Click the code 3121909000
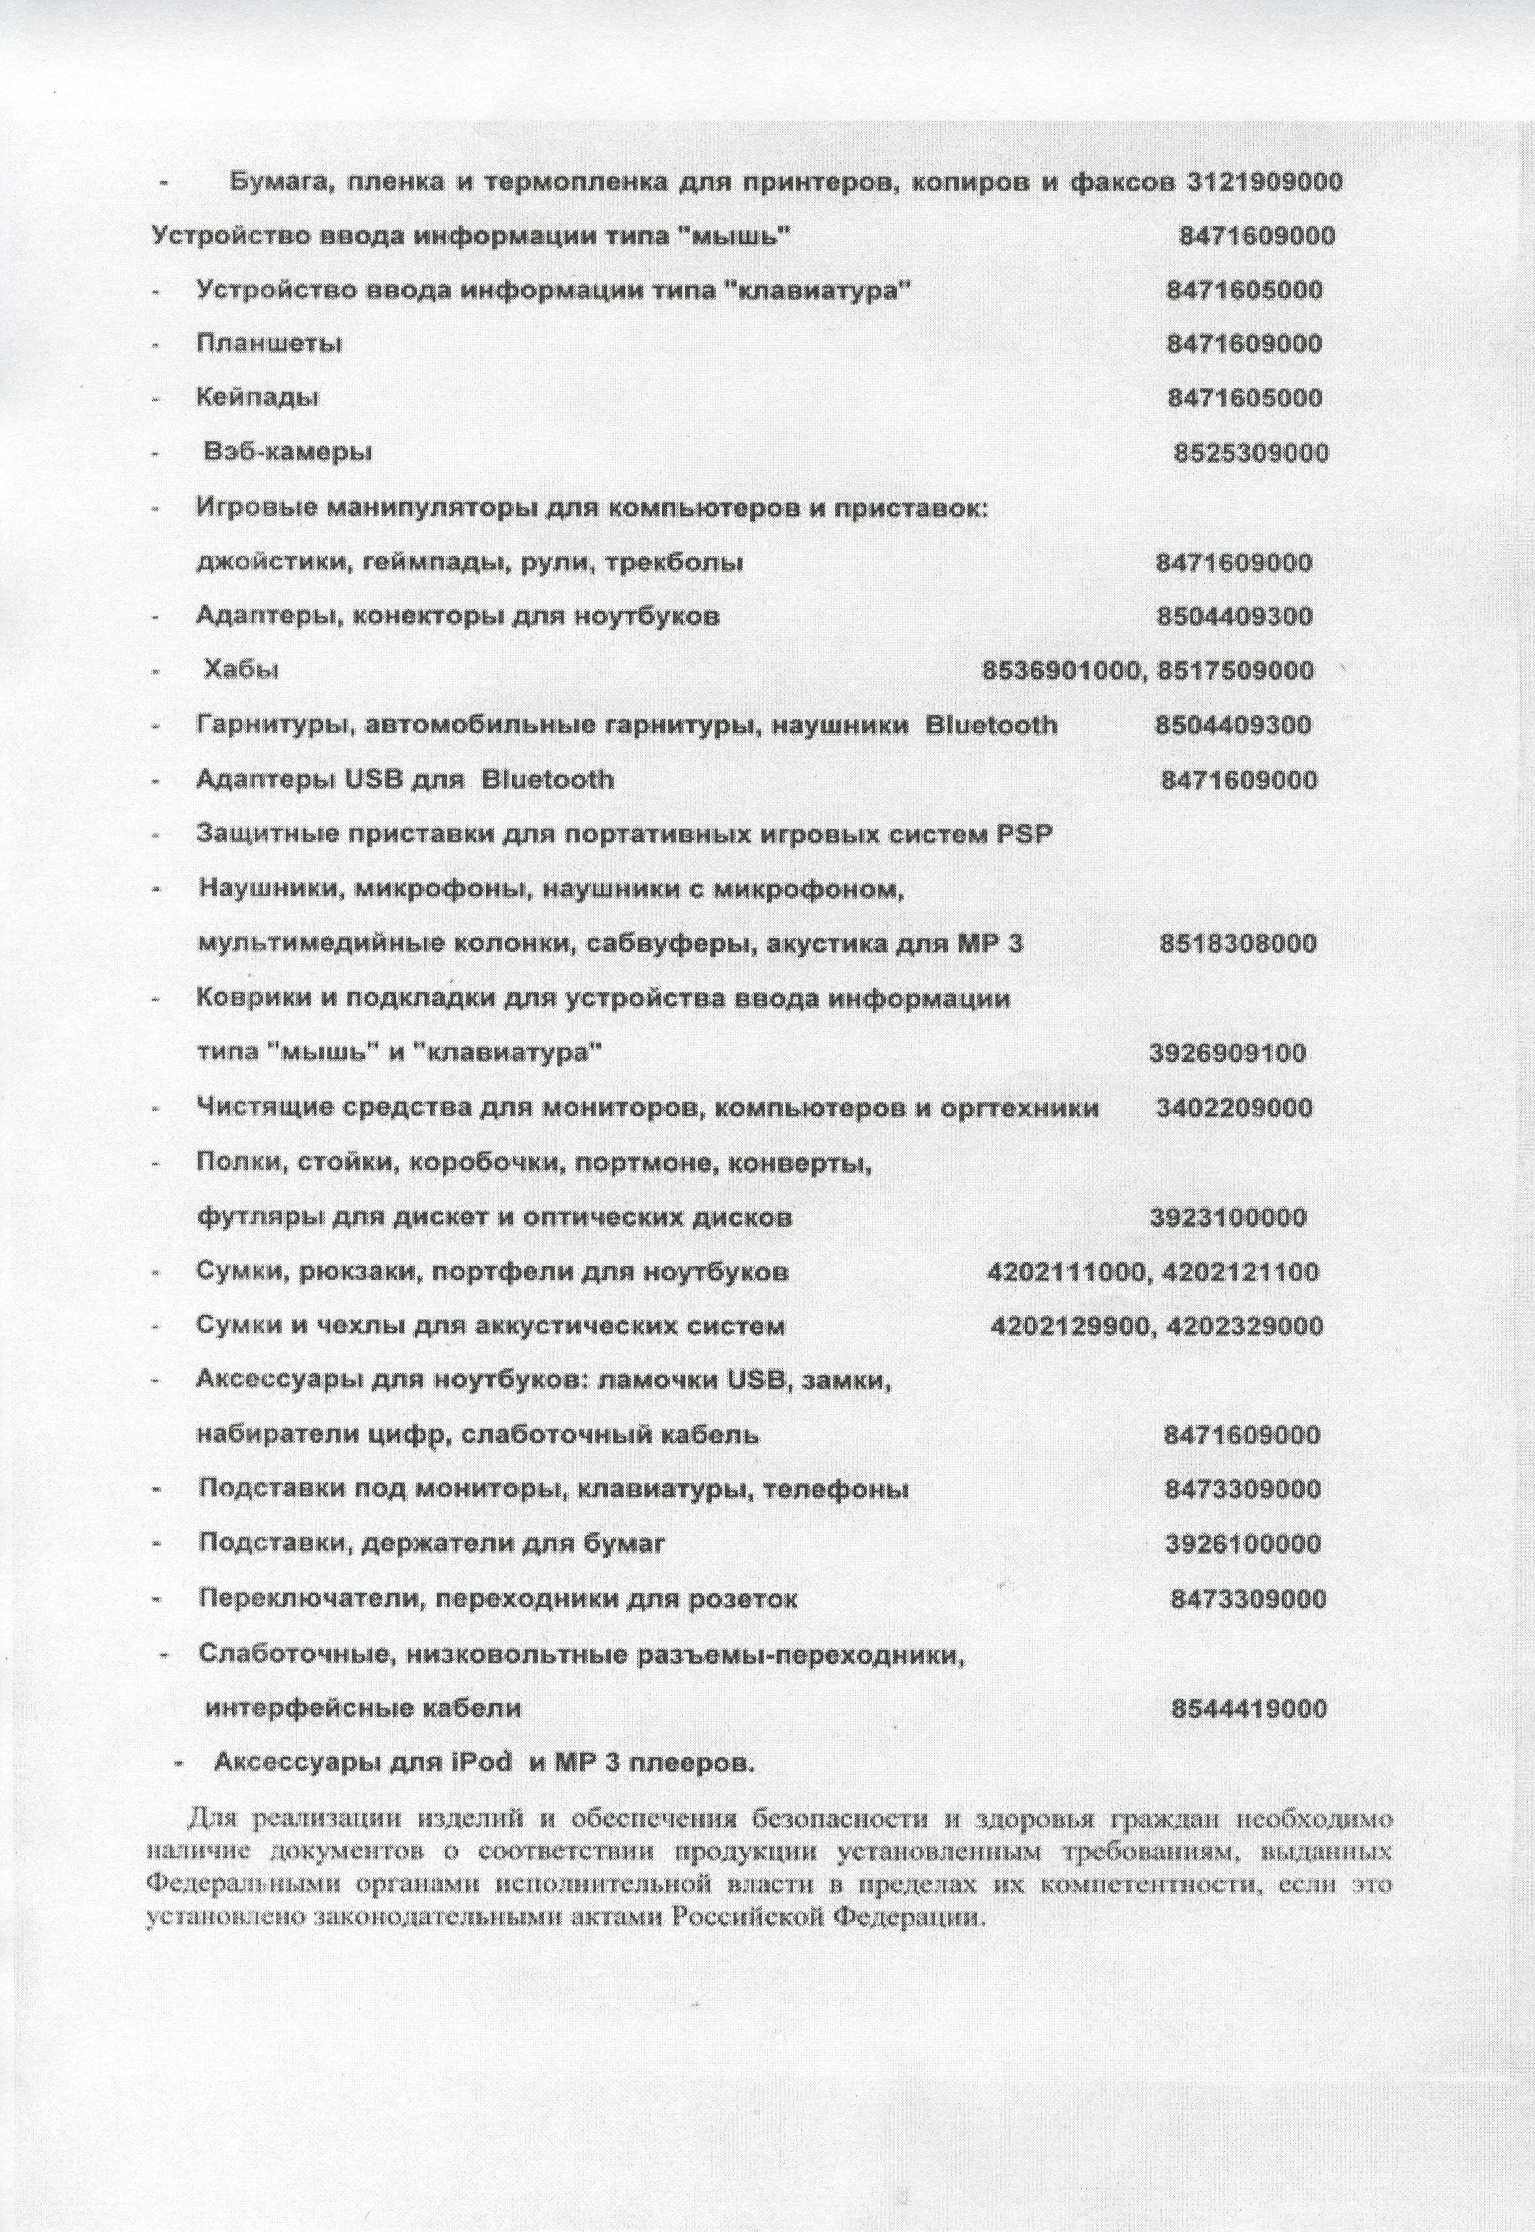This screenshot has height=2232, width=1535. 1265,183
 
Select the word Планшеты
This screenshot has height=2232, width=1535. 269,343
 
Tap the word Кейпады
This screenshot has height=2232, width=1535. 258,397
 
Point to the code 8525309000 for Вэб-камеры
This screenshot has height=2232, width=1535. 1251,453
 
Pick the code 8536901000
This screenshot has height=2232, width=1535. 1061,671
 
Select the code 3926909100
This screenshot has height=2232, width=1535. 1228,1053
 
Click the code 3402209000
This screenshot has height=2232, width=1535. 1234,1108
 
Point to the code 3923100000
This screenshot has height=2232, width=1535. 1228,1218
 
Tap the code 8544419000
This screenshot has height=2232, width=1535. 1249,1709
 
